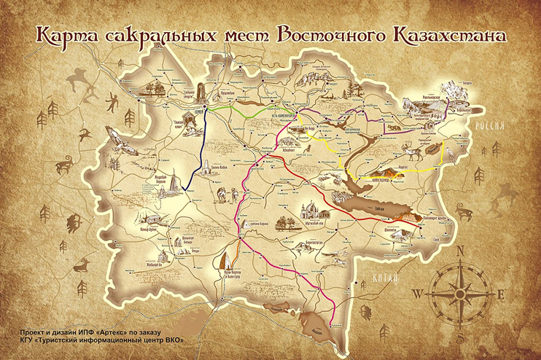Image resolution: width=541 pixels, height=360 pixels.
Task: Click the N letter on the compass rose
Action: (x=460, y=250)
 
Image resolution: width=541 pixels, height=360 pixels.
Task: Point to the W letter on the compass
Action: (x=416, y=294)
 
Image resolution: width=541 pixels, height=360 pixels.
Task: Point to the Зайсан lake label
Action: (x=379, y=207)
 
